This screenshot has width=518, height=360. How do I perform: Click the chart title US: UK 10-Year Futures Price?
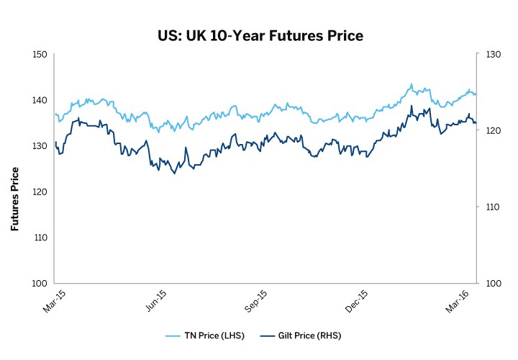pyautogui.click(x=260, y=35)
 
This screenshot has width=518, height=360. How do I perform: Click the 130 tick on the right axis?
pyautogui.click(x=493, y=55)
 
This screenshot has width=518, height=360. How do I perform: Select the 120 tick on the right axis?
pyautogui.click(x=493, y=131)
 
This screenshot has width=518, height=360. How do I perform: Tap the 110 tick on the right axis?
pyautogui.click(x=493, y=207)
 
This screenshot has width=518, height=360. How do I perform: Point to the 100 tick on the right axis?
pyautogui.click(x=493, y=283)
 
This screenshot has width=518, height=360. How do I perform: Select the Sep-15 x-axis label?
pyautogui.click(x=257, y=300)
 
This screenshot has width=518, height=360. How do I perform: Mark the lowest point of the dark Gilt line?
pyautogui.click(x=174, y=174)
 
